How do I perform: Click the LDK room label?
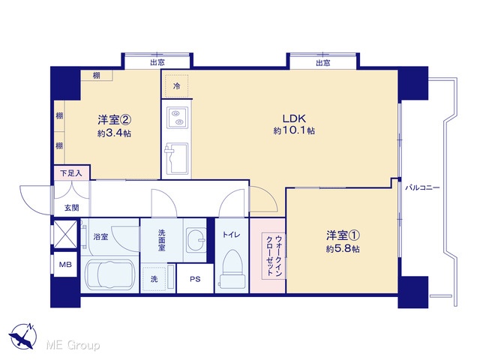pyautogui.click(x=294, y=118)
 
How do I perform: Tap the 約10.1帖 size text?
pyautogui.click(x=294, y=130)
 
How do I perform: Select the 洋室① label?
pyautogui.click(x=343, y=235)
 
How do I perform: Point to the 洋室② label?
pyautogui.click(x=115, y=120)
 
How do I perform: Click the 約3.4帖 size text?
pyautogui.click(x=115, y=133)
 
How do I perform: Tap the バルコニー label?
pyautogui.click(x=422, y=187)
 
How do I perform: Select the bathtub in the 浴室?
pyautogui.click(x=110, y=274)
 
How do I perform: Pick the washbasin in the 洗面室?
pyautogui.click(x=196, y=240)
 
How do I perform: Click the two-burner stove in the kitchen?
pyautogui.click(x=177, y=118)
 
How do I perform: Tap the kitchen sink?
pyautogui.click(x=177, y=158)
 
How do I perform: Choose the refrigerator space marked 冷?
pyautogui.click(x=177, y=86)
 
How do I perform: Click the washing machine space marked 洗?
pyautogui.click(x=154, y=279)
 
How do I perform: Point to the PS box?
pyautogui.click(x=195, y=279)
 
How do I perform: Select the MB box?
pyautogui.click(x=65, y=265)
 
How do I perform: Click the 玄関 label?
pyautogui.click(x=72, y=208)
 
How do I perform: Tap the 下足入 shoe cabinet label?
pyautogui.click(x=71, y=173)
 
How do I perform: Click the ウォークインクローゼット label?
pyautogui.click(x=274, y=256)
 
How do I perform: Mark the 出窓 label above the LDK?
pyautogui.click(x=323, y=63)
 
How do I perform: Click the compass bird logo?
pyautogui.click(x=22, y=336)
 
